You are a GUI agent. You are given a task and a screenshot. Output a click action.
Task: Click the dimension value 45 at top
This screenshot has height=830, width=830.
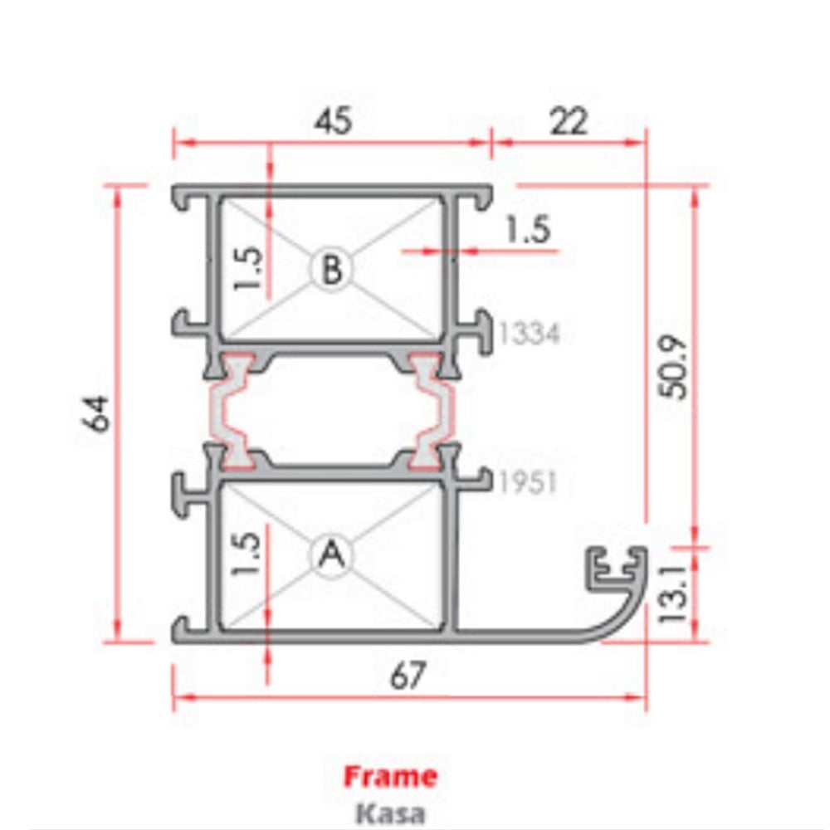[x=333, y=121]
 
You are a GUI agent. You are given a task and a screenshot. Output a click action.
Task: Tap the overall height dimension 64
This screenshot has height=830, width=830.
[x=97, y=413]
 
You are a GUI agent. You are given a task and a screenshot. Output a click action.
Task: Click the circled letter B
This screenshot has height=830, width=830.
[x=331, y=269]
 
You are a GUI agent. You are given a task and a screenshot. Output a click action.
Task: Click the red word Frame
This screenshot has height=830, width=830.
[x=390, y=777]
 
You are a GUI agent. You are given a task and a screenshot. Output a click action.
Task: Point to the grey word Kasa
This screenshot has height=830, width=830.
[x=390, y=812]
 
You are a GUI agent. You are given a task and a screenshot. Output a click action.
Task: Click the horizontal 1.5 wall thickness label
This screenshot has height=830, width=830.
[x=529, y=230]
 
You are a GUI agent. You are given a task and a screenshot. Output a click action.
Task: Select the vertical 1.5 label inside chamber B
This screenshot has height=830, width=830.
[x=249, y=268]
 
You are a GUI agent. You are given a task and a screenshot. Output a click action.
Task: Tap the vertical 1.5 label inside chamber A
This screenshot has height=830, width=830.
[x=249, y=554]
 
